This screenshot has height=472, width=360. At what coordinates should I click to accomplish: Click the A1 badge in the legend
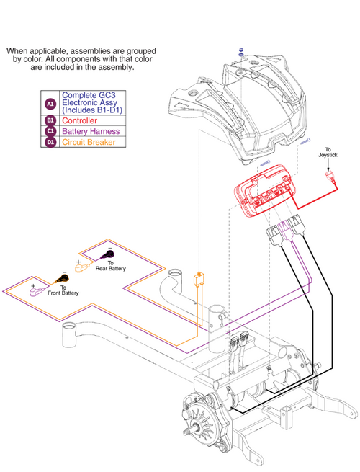[50, 104]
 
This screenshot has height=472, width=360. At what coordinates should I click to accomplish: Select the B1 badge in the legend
[50, 120]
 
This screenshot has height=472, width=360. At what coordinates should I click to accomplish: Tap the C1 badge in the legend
[50, 131]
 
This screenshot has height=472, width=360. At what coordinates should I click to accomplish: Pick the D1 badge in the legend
[50, 142]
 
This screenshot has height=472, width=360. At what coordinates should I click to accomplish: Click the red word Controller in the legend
[79, 121]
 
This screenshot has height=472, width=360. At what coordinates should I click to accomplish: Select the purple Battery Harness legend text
[91, 131]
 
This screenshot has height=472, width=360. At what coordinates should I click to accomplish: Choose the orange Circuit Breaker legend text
[89, 142]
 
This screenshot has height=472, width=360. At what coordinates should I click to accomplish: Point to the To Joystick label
[328, 152]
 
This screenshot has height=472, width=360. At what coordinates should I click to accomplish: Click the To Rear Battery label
[110, 266]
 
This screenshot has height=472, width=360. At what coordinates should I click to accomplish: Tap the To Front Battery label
[63, 290]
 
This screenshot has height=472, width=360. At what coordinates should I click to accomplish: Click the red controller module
[264, 190]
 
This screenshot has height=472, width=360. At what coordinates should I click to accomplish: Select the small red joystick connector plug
[330, 177]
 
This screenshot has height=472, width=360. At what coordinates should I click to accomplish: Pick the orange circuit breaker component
[198, 279]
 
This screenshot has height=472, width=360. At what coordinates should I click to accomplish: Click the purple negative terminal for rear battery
[107, 255]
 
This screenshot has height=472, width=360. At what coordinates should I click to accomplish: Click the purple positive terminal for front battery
[37, 292]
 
